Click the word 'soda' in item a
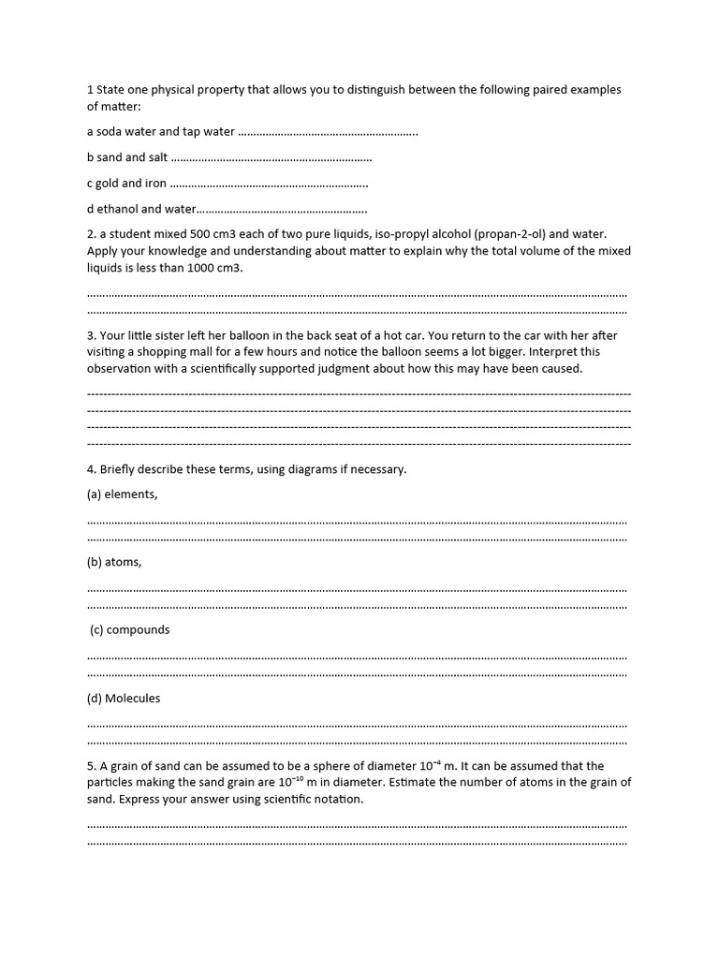pyautogui.click(x=110, y=132)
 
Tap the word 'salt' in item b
pyautogui.click(x=158, y=157)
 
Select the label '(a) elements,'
pyautogui.click(x=123, y=494)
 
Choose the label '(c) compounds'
pyautogui.click(x=130, y=630)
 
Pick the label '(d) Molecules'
pyautogui.click(x=124, y=698)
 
